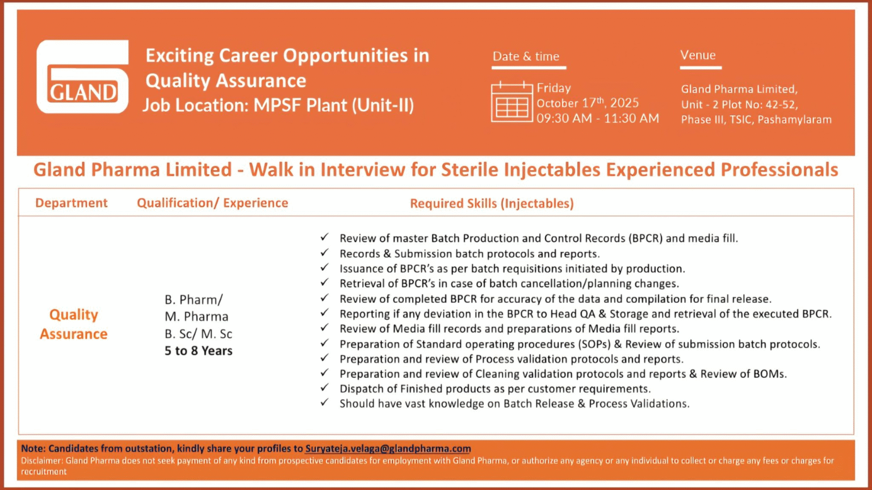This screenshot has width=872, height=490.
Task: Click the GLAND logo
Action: (82, 77)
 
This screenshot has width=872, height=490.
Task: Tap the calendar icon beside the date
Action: (512, 102)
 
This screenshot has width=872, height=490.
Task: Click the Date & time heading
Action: (526, 56)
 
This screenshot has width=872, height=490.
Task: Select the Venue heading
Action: (698, 55)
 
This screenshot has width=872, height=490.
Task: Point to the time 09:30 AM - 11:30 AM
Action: (598, 118)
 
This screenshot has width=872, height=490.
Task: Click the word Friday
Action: (554, 88)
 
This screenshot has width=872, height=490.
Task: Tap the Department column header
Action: (71, 203)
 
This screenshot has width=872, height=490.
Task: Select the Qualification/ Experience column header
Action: (212, 203)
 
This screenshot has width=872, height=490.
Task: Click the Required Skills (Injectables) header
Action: (492, 203)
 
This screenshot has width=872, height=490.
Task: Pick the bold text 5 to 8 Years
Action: (199, 351)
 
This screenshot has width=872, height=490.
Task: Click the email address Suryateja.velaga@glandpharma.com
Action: (388, 449)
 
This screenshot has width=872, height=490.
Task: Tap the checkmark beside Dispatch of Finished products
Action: (324, 388)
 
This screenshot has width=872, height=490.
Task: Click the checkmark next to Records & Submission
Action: (324, 253)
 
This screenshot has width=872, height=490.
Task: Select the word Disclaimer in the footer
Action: (41, 461)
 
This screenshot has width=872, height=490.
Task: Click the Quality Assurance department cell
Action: (74, 324)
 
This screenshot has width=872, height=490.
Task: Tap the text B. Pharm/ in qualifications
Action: (194, 300)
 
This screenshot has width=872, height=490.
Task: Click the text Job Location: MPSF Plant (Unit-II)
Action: (278, 106)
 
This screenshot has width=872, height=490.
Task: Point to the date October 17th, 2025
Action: (588, 103)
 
